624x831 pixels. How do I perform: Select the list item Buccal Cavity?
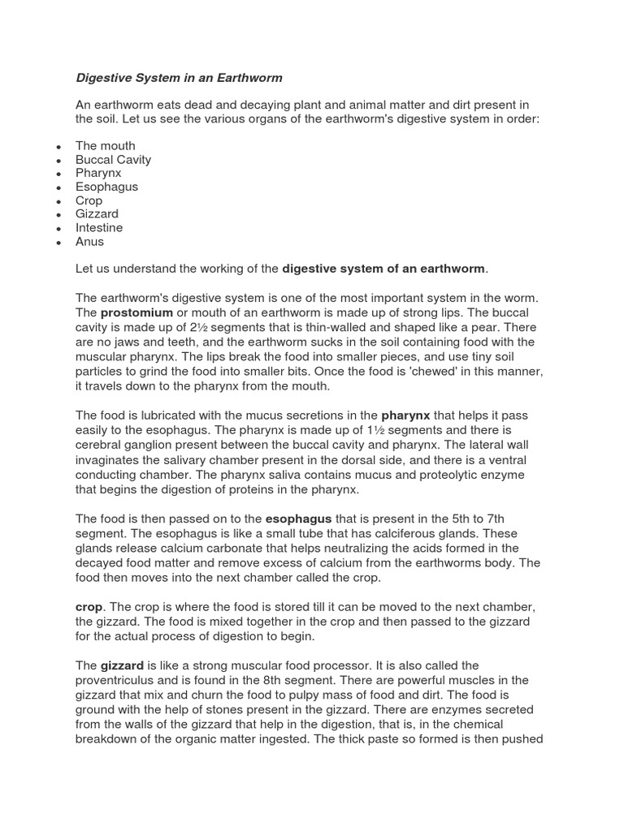coord(113,160)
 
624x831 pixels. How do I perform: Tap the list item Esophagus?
coord(106,187)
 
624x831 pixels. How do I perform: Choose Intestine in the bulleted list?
coord(99,228)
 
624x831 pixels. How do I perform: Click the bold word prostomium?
coord(136,312)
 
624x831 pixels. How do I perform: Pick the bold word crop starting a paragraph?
coord(89,607)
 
